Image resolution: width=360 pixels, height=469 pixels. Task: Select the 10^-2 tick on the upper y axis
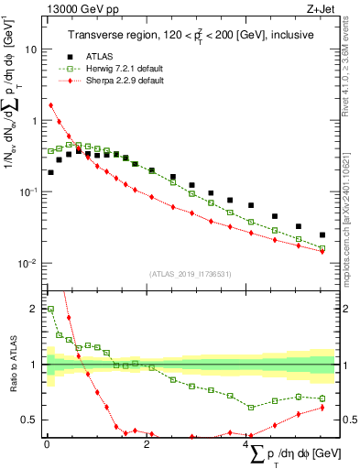click(30, 263)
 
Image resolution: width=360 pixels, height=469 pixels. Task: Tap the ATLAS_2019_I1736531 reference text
click(191, 273)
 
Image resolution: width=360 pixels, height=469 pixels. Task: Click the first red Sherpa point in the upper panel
click(51, 104)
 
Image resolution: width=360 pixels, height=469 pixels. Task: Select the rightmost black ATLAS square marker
click(322, 234)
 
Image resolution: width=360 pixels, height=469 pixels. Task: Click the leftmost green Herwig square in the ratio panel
click(51, 309)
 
